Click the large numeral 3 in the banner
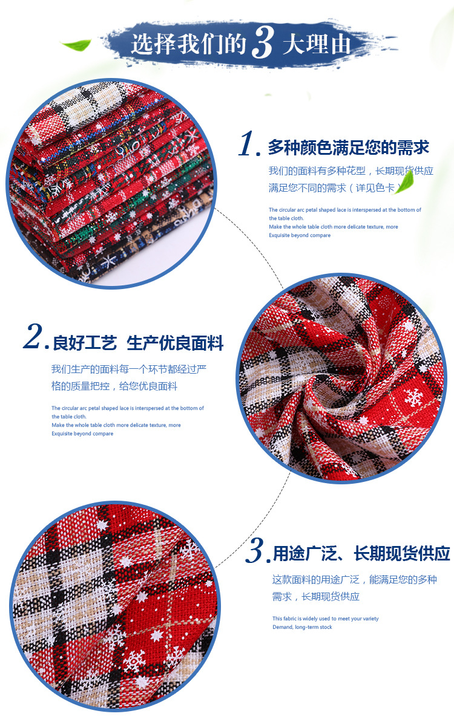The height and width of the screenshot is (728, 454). pos(262,42)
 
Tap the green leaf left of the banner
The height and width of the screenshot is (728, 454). pos(76,44)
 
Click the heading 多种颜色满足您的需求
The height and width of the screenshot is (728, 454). pos(349,148)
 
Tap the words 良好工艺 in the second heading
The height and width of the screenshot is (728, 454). pos(85,343)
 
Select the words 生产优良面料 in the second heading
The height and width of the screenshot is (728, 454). pos(175,343)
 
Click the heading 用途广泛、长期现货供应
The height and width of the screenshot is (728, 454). pos(361,553)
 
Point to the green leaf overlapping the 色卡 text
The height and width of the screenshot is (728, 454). pos(405,183)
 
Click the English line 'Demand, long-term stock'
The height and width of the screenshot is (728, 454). pos(302,627)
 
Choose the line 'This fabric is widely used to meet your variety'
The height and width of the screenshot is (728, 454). pos(326,619)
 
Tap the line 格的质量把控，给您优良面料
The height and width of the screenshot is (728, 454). pos(114,386)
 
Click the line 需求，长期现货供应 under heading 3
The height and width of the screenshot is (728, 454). pos(316,597)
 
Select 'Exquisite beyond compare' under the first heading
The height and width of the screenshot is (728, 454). pos(300,235)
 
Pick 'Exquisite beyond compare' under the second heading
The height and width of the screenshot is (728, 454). pos(82,433)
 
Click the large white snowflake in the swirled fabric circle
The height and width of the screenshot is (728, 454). pos(413,397)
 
